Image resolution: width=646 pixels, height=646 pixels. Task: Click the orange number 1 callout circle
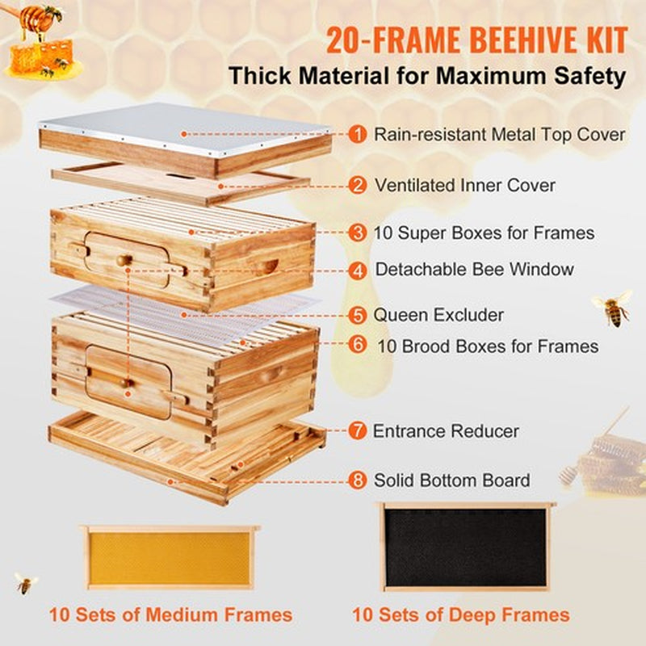point(357,133)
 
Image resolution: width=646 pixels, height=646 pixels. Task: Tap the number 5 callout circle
point(357,314)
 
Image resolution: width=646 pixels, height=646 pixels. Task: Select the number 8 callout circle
point(357,480)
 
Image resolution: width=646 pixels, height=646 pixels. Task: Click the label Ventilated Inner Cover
point(464,185)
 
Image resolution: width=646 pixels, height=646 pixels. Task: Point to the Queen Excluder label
point(438,314)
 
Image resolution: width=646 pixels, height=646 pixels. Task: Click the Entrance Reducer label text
point(446,431)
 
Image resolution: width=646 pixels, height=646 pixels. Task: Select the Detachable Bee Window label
point(474,269)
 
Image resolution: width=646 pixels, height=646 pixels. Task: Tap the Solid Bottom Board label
point(451,480)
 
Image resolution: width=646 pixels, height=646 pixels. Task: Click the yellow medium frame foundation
point(169,558)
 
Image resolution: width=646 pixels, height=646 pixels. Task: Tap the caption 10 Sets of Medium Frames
point(170,615)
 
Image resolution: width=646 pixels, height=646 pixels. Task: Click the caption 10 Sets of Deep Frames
point(460,615)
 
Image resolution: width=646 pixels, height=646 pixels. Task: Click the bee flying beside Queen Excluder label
point(613,307)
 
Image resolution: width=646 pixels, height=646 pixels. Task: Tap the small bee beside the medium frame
point(26,582)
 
